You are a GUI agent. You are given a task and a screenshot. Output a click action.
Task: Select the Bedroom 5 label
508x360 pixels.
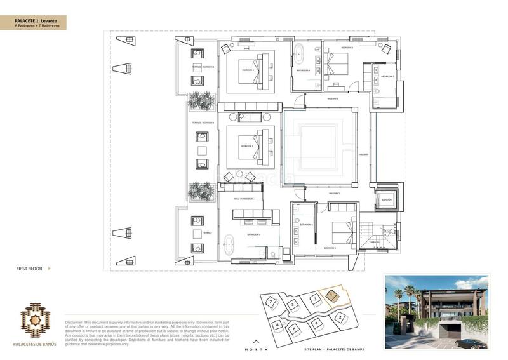[x=347, y=48]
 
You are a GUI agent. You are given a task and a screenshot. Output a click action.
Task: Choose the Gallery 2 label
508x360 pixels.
[x=333, y=99]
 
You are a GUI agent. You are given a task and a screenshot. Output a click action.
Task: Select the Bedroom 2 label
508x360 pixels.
[x=330, y=248]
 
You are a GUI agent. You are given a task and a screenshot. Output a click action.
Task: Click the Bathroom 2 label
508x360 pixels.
[x=306, y=225]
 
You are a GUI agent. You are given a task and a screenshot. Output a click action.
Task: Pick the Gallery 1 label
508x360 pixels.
[x=335, y=193]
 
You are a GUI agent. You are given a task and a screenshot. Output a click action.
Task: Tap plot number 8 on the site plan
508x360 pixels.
[x=277, y=326]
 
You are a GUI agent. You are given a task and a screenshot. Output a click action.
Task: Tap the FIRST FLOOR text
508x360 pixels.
[x=29, y=269]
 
